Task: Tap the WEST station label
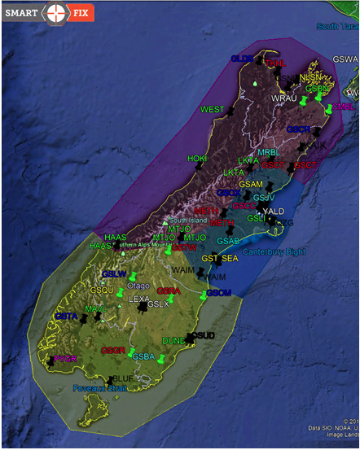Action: pos(212,109)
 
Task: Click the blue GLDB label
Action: pos(242,59)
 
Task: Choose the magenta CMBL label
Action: pos(345,106)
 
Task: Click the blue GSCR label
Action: pos(298,129)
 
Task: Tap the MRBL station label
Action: pos(267,152)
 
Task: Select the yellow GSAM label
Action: pos(250,184)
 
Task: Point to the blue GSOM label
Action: pos(218,292)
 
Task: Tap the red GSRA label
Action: pos(169,291)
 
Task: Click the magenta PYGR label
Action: pos(65,359)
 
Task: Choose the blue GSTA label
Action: pos(66,316)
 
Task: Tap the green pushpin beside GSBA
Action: pos(161,358)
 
